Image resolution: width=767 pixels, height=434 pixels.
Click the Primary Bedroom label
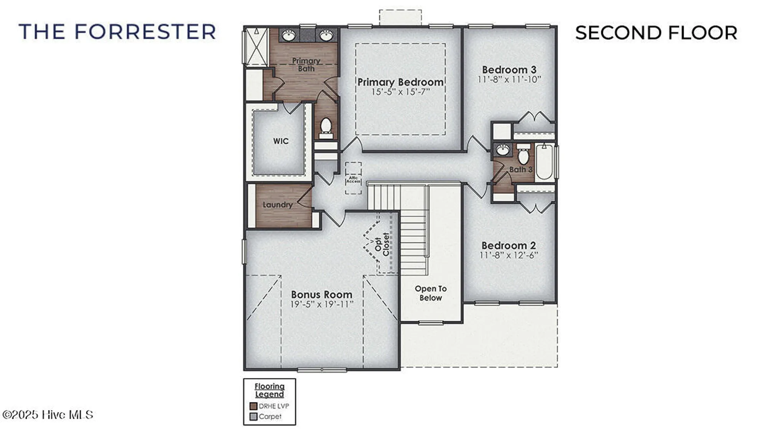click(x=400, y=82)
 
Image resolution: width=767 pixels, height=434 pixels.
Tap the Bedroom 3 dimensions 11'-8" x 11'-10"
click(x=509, y=79)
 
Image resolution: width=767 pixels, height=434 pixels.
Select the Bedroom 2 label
click(x=509, y=245)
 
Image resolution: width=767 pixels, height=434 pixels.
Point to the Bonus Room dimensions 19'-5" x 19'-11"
click(x=321, y=304)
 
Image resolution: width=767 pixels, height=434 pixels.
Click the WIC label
click(x=281, y=141)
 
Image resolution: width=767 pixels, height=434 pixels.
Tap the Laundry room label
click(x=277, y=205)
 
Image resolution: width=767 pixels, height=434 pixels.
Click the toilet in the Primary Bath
click(x=326, y=128)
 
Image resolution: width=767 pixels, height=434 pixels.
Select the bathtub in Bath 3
click(x=544, y=162)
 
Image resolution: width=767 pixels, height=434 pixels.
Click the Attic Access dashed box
click(x=353, y=178)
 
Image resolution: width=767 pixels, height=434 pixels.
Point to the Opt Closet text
click(x=382, y=244)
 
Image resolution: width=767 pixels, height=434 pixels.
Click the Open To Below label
click(x=431, y=293)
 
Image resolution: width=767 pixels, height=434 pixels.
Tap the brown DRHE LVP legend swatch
click(x=253, y=406)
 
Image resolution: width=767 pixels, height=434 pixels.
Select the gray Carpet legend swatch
click(x=253, y=416)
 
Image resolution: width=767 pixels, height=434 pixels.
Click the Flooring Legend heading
click(x=270, y=390)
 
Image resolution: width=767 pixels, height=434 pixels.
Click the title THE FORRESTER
click(x=117, y=32)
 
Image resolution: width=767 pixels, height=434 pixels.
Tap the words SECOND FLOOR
click(x=656, y=33)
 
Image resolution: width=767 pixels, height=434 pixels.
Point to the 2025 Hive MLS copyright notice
click(x=48, y=415)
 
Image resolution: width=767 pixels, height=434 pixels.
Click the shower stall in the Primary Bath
click(x=257, y=46)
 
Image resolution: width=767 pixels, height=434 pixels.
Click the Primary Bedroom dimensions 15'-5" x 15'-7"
click(x=400, y=92)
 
